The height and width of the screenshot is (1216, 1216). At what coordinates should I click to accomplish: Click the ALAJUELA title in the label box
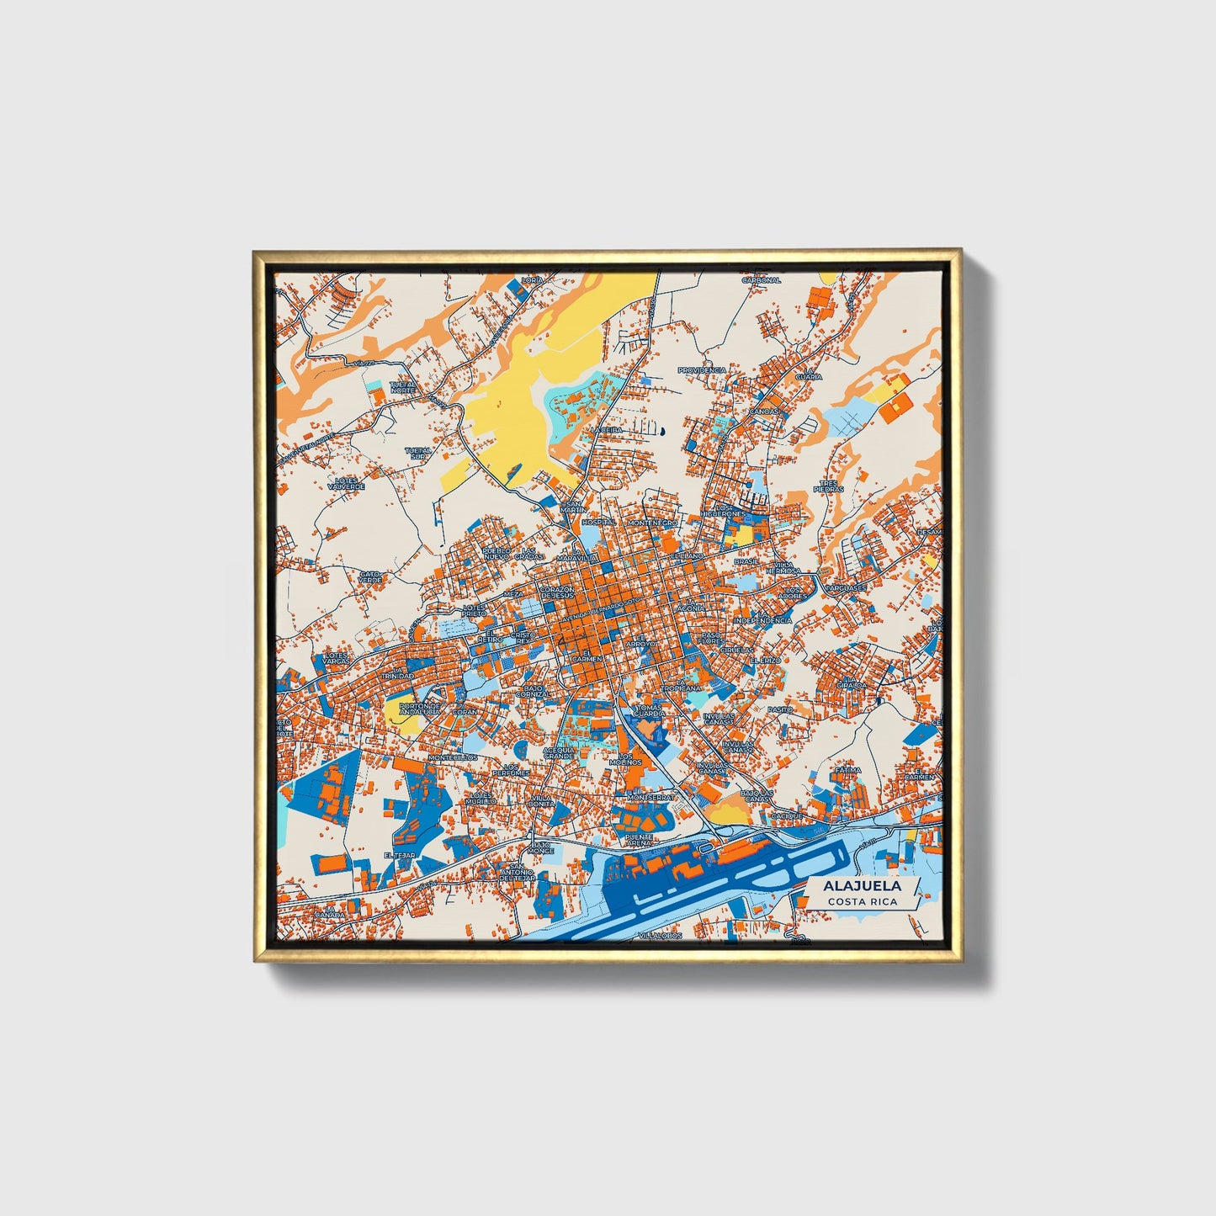pos(862,886)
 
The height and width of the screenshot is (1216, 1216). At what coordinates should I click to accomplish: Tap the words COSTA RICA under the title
pos(862,902)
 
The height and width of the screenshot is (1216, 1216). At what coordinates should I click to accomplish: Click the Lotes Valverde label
pos(345,484)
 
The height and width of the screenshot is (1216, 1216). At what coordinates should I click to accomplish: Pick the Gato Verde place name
pos(370,577)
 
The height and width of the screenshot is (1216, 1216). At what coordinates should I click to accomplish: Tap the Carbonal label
pos(761,280)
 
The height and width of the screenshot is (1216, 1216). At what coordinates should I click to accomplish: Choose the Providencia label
pos(702,369)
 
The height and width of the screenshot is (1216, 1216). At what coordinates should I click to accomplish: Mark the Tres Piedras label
pos(828,486)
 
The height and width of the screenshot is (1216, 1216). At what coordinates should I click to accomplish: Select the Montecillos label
pos(453,757)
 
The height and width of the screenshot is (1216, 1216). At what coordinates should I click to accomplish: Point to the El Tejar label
pos(400,855)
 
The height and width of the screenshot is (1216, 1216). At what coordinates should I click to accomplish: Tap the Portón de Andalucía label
pos(419,709)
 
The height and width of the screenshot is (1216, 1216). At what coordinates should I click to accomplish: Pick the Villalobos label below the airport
pos(659,936)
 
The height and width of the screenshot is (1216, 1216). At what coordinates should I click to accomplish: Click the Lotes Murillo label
pos(482,798)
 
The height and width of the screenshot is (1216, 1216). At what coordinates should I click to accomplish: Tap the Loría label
pos(532,279)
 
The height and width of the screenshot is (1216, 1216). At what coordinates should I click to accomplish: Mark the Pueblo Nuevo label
pos(496,553)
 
